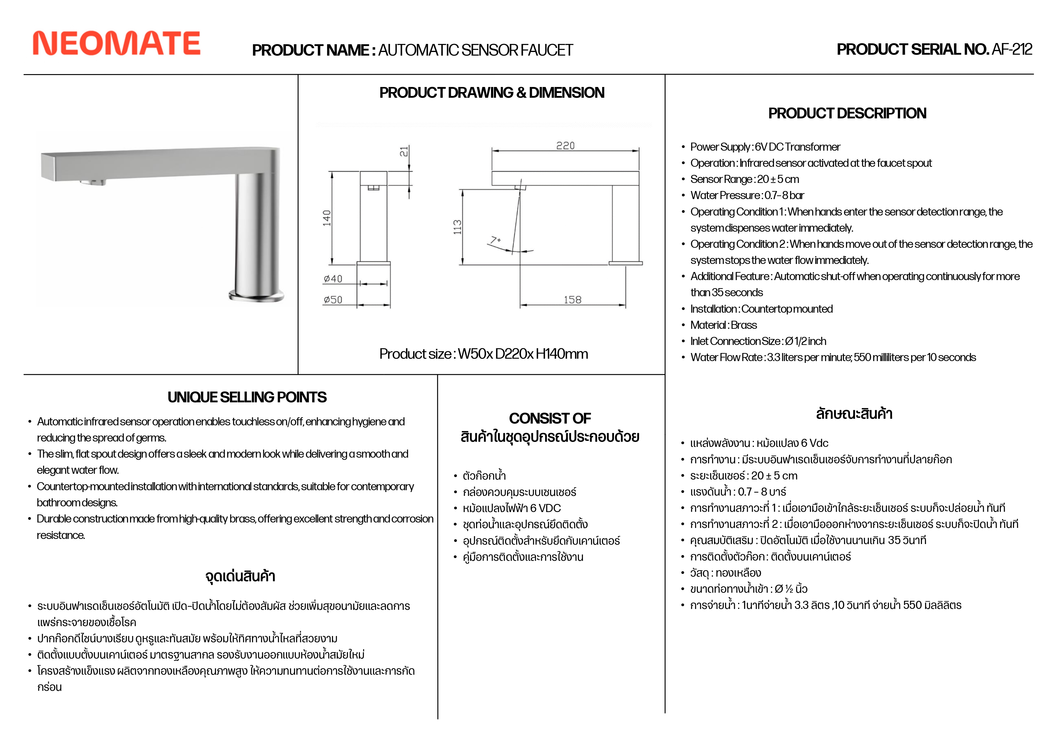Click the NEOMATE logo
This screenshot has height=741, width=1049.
[x=117, y=43]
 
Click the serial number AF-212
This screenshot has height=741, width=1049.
[x=1012, y=49]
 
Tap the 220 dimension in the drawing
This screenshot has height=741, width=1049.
[x=565, y=146]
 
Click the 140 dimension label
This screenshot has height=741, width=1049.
[x=327, y=218]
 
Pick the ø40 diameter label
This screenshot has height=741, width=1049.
[x=333, y=279]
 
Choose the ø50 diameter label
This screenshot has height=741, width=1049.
[x=333, y=300]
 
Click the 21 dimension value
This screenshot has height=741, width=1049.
[x=404, y=152]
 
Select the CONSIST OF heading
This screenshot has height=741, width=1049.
[x=550, y=418]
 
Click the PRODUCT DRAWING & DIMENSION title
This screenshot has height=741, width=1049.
[x=491, y=93]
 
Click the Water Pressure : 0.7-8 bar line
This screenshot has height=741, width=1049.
[x=747, y=195]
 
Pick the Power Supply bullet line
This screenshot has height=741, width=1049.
[x=765, y=147]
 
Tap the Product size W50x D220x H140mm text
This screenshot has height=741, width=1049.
[x=483, y=354]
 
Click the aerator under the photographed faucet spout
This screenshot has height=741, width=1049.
[x=93, y=182]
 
